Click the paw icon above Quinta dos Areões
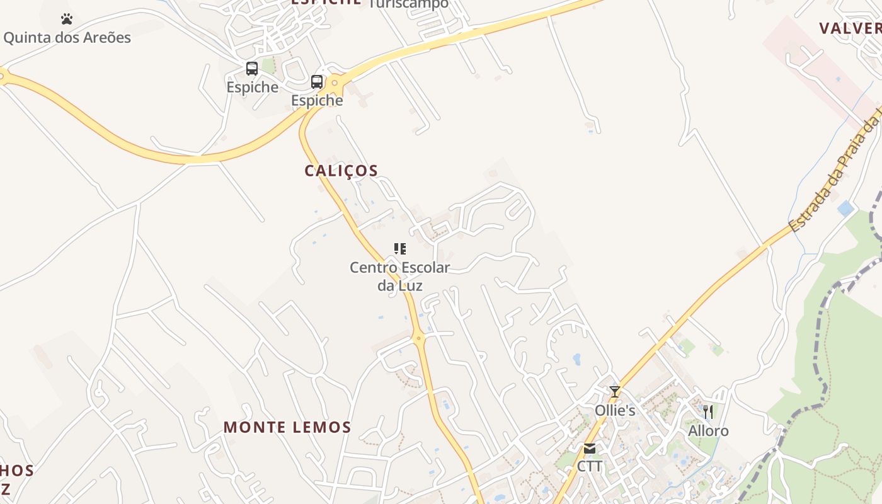click(x=67, y=19)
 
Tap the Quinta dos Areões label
click(x=67, y=37)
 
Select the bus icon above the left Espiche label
click(x=252, y=69)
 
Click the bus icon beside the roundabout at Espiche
click(x=317, y=82)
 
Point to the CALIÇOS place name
click(x=341, y=171)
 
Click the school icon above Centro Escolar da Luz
click(x=400, y=249)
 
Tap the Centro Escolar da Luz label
click(x=400, y=276)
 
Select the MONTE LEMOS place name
click(x=287, y=427)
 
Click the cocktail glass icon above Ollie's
click(x=615, y=391)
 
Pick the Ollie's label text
click(x=615, y=410)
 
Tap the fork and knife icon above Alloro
click(x=708, y=412)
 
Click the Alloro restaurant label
click(x=708, y=431)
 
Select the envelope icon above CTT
click(x=590, y=449)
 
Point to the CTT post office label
click(x=590, y=466)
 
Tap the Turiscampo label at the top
click(x=408, y=4)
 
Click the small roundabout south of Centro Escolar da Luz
click(x=418, y=338)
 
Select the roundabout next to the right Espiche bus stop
click(x=336, y=82)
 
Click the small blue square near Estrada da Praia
click(x=845, y=209)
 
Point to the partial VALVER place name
click(x=850, y=28)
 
